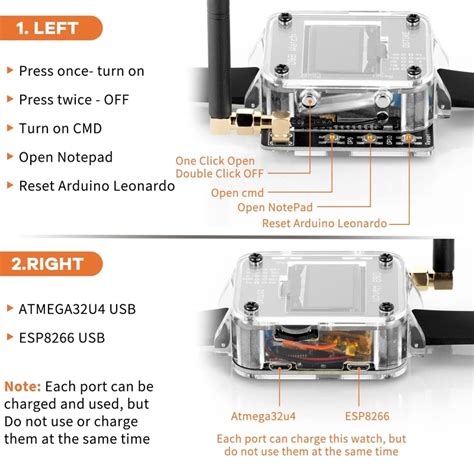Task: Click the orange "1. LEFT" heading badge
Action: point(51,28)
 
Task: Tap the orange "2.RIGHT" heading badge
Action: point(51,264)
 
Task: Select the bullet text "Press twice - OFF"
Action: point(74,100)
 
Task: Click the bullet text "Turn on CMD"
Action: point(60,128)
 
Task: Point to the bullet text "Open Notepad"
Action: point(66,157)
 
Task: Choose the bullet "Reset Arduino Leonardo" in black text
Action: point(97,186)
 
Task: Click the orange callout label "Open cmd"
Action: point(237,193)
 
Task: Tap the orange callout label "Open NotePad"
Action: point(275,207)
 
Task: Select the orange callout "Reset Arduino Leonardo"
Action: point(324,223)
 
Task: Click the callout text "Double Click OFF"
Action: point(219,174)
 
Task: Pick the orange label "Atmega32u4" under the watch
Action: point(263,416)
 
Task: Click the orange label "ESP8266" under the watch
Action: point(367,416)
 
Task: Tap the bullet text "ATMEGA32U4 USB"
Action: point(77,309)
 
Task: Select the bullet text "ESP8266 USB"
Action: point(62,338)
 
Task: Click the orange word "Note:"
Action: point(23,387)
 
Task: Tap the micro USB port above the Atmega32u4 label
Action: point(280,367)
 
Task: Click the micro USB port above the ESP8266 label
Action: point(358,367)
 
